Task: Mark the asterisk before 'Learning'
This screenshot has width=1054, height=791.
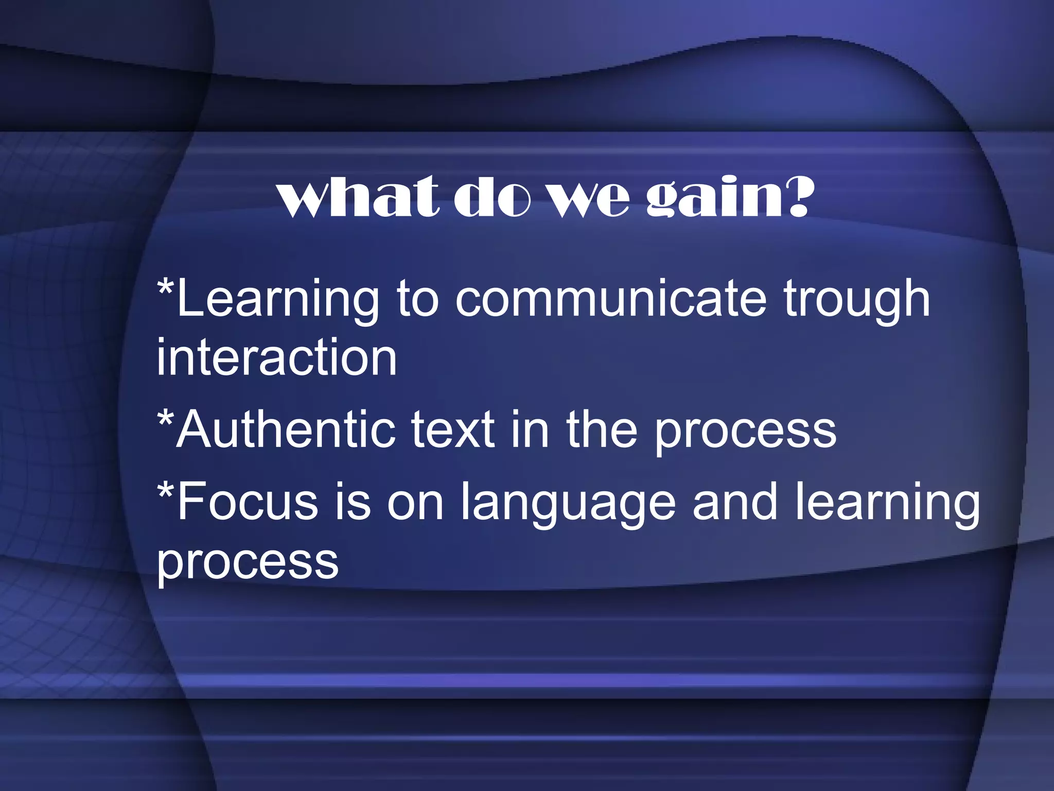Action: (165, 288)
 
